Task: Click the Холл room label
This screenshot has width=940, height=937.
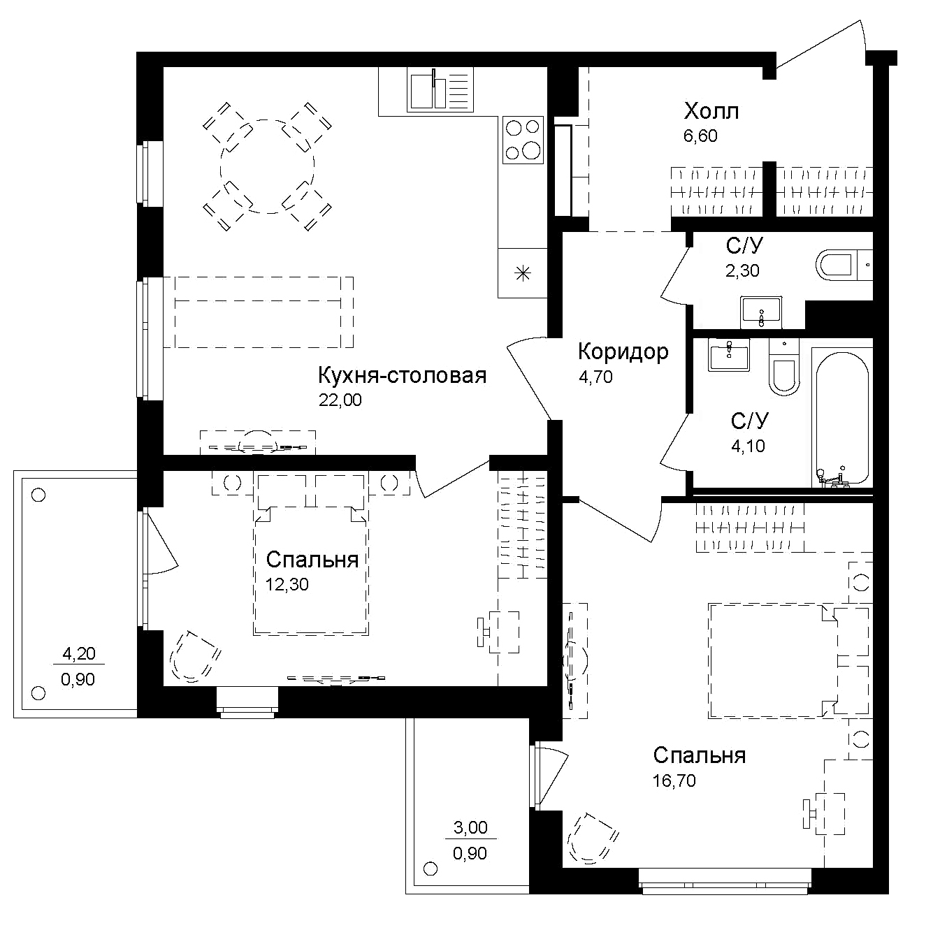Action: [711, 111]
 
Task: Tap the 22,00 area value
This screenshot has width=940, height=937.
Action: [340, 400]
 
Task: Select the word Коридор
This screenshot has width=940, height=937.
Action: [623, 351]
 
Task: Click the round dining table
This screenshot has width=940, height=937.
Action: [267, 166]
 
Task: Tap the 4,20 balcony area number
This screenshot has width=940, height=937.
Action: [79, 654]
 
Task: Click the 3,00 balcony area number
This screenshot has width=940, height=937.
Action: [470, 828]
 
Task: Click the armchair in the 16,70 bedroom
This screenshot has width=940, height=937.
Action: [592, 839]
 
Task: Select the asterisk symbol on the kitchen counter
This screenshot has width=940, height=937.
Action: [521, 273]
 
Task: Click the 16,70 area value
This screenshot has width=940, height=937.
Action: [674, 780]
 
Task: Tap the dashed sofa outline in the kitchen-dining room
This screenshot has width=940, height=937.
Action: [259, 312]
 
